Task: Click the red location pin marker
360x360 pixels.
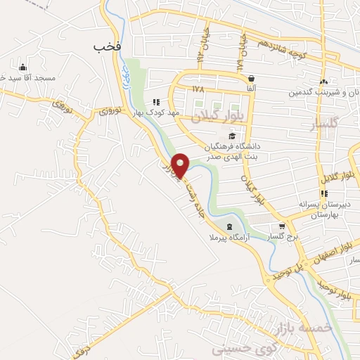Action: pos(181,165)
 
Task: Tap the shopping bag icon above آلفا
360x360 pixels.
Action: pos(251,78)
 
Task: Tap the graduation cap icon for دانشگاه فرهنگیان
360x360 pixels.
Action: pos(231,136)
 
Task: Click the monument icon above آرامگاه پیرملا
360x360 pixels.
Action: pos(231,226)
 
